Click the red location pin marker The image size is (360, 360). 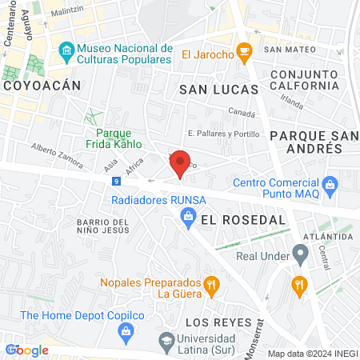tap(181, 163)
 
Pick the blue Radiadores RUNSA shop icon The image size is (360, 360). tap(188, 215)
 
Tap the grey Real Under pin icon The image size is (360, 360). tap(301, 256)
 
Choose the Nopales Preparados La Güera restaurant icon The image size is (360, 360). tap(211, 283)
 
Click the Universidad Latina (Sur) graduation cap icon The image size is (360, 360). tap(167, 339)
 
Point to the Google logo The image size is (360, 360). tap(26, 350)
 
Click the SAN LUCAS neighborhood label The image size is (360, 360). tap(218, 89)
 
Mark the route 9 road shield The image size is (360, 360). tap(117, 181)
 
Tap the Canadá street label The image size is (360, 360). tap(241, 112)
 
